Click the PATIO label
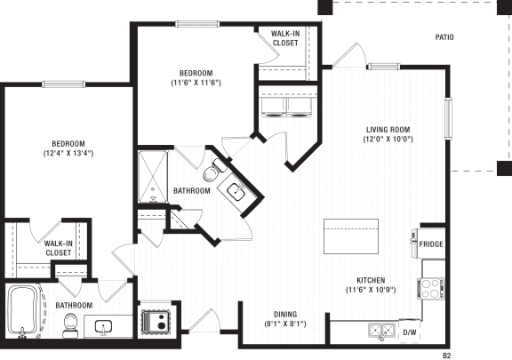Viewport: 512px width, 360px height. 444,37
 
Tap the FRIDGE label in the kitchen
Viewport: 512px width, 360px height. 431,244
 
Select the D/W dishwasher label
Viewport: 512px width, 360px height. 410,332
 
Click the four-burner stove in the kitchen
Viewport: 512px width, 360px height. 431,289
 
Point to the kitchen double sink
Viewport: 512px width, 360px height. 381,331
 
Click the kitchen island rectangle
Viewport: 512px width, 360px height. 351,236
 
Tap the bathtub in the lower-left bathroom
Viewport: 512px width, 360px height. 23,310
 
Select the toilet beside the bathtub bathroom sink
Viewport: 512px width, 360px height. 69,325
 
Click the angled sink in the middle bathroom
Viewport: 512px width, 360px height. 236,191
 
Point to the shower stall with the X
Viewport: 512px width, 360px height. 153,176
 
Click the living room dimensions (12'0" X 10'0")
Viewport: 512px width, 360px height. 388,140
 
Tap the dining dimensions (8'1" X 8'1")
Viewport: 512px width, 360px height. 285,324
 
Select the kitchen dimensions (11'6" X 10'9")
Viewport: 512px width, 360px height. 371,290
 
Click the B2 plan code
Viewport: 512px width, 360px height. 446,356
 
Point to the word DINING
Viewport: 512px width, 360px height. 285,315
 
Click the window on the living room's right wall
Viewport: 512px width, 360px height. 449,118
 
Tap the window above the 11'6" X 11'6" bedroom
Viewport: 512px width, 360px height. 197,24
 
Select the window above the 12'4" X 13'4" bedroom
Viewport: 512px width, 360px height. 64,84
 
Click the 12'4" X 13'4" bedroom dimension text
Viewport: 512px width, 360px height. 68,153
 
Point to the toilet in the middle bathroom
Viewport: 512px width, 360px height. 213,171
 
